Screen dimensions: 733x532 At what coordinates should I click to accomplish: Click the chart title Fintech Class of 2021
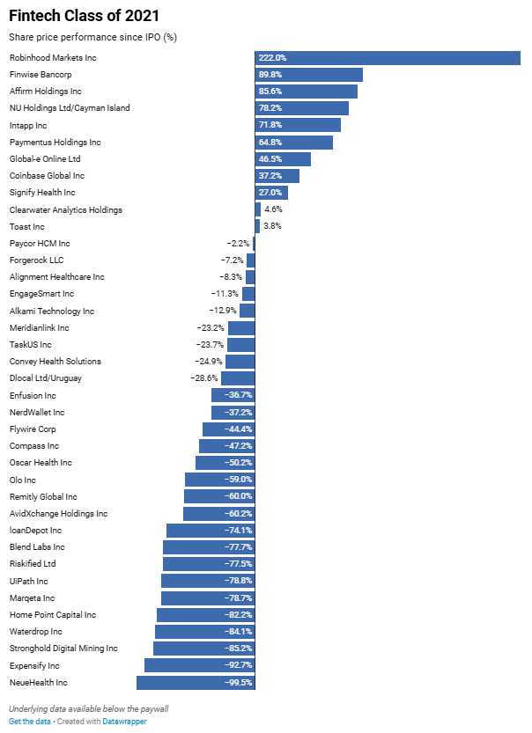coord(72,16)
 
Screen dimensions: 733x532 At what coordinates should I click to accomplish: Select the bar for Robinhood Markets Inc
coord(388,57)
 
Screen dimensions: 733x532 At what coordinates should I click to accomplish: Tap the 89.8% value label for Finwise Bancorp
coord(273,75)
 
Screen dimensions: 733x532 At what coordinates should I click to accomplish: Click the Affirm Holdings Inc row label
coord(46,92)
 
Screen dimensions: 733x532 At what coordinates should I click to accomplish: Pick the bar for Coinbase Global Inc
coord(277,176)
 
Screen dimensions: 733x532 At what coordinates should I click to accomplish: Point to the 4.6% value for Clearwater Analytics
coord(273,209)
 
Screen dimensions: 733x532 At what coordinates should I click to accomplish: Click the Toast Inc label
coord(26,226)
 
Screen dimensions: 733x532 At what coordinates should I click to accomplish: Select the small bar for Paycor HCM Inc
coord(254,244)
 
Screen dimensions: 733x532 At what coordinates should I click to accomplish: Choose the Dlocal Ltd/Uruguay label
coord(46,378)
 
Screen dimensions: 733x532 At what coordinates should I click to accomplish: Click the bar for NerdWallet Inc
coord(233,413)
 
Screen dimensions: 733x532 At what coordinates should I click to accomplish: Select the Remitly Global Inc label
coord(43,497)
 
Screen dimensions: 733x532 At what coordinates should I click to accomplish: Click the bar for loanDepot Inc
coord(210,531)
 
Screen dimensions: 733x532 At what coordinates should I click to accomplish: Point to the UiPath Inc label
coord(28,582)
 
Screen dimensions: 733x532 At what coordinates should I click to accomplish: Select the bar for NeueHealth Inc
coord(196,683)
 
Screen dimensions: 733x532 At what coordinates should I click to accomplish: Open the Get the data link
coord(29,722)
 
